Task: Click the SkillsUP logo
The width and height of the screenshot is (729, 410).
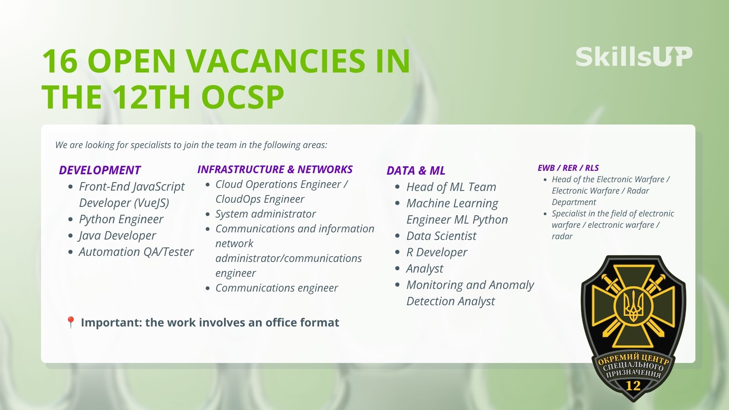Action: pos(634,57)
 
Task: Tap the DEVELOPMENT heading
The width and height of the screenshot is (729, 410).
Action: pos(100,170)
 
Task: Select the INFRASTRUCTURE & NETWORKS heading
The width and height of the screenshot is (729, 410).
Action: pos(275,169)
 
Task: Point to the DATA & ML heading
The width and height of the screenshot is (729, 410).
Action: pos(416,170)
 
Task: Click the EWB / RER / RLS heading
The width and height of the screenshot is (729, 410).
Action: pos(568,168)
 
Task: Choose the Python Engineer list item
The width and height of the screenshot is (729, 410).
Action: pos(121,219)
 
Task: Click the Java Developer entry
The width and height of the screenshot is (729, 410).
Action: pos(117,235)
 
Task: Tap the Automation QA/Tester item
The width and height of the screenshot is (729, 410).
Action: pos(136,252)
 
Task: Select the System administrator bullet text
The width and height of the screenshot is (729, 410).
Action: pos(265,214)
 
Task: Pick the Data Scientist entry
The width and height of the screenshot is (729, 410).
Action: pos(441,236)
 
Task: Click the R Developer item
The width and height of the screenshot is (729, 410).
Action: pos(437,252)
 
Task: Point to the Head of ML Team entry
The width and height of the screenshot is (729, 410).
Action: pos(451,187)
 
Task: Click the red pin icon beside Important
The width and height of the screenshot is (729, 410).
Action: pos(71,323)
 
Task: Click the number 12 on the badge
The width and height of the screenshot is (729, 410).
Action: pos(633,386)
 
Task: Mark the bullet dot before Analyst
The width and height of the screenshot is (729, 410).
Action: pos(398,268)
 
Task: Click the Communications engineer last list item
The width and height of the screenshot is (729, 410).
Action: pos(276,288)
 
